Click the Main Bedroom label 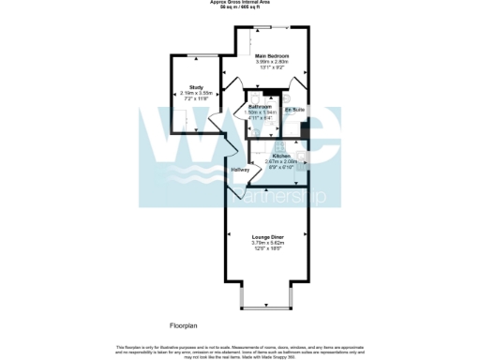pyautogui.click(x=272, y=56)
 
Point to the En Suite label pyautogui.click(x=294, y=110)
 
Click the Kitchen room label pyautogui.click(x=285, y=155)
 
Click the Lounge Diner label pyautogui.click(x=268, y=237)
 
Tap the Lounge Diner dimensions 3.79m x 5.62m pyautogui.click(x=268, y=243)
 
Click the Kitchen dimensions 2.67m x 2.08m pyautogui.click(x=285, y=160)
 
